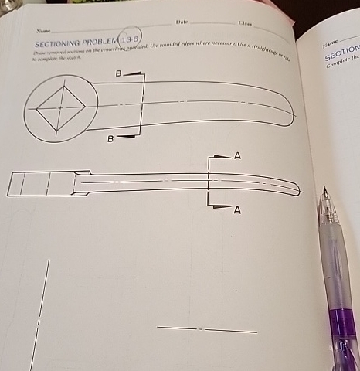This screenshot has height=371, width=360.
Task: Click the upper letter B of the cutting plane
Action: pyautogui.click(x=118, y=74)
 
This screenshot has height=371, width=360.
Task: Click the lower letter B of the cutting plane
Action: pyautogui.click(x=110, y=139)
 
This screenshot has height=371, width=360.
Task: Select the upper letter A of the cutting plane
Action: pyautogui.click(x=237, y=156)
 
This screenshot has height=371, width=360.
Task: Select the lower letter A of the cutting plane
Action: pyautogui.click(x=236, y=209)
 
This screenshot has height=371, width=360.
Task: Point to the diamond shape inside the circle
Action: pyautogui.click(x=58, y=107)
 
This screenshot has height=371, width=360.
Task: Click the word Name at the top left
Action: pyautogui.click(x=32, y=30)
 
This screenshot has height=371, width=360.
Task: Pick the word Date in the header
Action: pyautogui.click(x=182, y=25)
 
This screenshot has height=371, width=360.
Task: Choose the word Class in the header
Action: pyautogui.click(x=246, y=26)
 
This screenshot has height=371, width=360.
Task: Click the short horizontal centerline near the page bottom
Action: pyautogui.click(x=206, y=330)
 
